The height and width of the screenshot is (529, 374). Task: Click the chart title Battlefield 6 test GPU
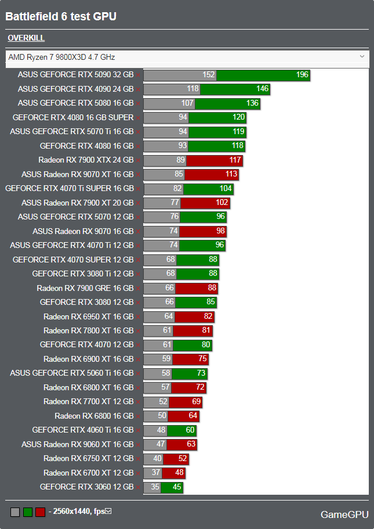click(x=61, y=17)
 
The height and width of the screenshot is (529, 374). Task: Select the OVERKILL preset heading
click(x=26, y=38)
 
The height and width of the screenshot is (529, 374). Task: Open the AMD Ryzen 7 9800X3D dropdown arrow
click(x=362, y=56)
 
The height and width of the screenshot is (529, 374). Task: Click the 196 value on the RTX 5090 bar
click(x=302, y=75)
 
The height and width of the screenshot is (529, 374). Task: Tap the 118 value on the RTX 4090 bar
click(x=193, y=89)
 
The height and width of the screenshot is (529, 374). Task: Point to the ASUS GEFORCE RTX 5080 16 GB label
click(x=75, y=103)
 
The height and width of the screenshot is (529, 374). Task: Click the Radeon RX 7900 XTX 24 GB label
click(x=86, y=160)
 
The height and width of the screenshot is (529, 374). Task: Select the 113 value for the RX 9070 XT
click(x=231, y=174)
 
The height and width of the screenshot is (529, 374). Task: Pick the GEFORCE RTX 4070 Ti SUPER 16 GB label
click(x=70, y=188)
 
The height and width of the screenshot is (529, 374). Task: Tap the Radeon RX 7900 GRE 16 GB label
click(x=85, y=288)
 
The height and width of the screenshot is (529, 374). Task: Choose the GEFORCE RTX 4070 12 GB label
click(x=86, y=345)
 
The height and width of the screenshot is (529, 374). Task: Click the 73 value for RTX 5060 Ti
click(x=201, y=373)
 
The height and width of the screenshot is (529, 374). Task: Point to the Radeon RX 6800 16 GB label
click(x=94, y=416)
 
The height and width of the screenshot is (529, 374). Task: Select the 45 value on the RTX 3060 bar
click(x=177, y=487)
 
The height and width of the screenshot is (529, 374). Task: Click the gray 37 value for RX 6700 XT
click(x=156, y=473)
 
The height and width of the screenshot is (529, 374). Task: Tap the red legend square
click(x=40, y=512)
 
